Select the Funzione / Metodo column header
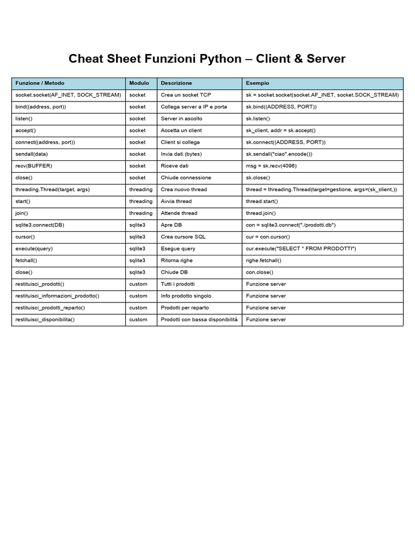pyautogui.click(x=40, y=83)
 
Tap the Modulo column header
pyautogui.click(x=139, y=83)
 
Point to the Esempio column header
pyautogui.click(x=257, y=83)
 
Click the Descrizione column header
pyautogui.click(x=176, y=83)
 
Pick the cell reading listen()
pyautogui.click(x=24, y=118)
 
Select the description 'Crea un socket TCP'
pyautogui.click(x=186, y=95)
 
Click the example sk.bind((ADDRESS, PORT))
pyautogui.click(x=282, y=107)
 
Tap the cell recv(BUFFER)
pyautogui.click(x=34, y=166)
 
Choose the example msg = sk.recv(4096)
pyautogui.click(x=271, y=166)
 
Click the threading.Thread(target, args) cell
pyautogui.click(x=52, y=190)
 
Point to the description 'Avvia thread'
pyautogui.click(x=176, y=201)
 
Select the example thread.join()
pyautogui.click(x=261, y=213)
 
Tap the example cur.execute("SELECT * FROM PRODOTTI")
pyautogui.click(x=301, y=248)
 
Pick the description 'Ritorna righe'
pyautogui.click(x=177, y=260)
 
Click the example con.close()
pyautogui.click(x=259, y=272)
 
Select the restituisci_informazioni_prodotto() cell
pyautogui.click(x=57, y=296)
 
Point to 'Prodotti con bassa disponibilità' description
pyautogui.click(x=199, y=320)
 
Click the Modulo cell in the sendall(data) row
pyautogui.click(x=137, y=154)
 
